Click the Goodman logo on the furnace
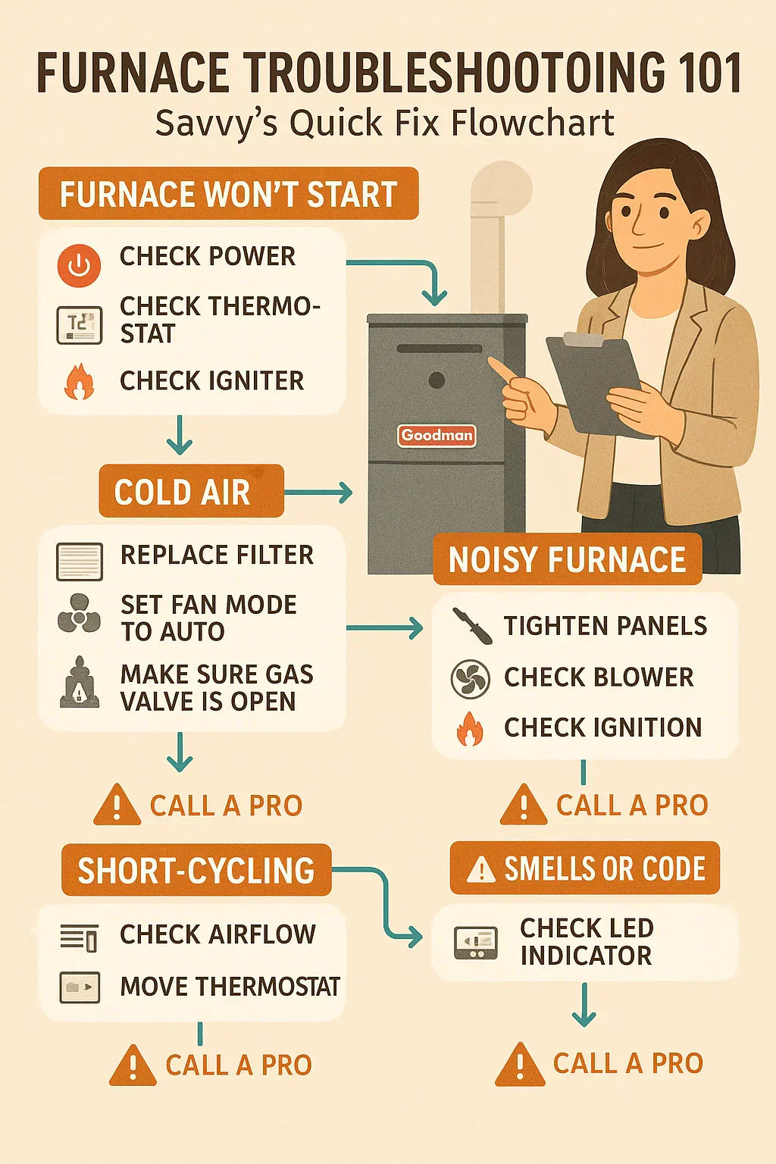point(436,436)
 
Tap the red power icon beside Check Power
point(79,265)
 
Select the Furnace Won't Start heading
point(229,193)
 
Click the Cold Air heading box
point(191,491)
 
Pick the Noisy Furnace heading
point(568,560)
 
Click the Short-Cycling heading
point(196,870)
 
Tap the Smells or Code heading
point(585,868)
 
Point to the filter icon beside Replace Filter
point(79,562)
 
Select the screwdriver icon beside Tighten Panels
point(472,626)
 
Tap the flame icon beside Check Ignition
point(470,728)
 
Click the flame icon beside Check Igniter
point(79,382)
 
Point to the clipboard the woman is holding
point(598,383)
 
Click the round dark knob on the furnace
point(436,380)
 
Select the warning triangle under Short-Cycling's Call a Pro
point(133,1065)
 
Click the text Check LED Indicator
point(587,942)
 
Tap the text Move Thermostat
point(230,986)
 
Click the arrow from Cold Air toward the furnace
point(318,492)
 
